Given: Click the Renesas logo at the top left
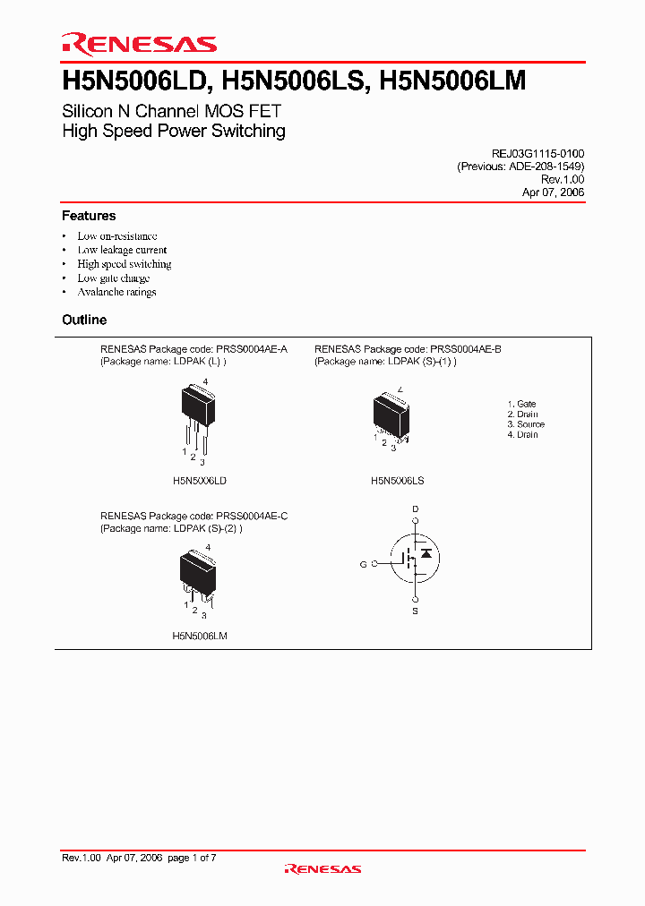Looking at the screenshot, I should pos(139,44).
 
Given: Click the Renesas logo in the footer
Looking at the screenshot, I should pos(322,868).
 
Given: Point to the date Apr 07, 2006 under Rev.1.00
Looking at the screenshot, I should pos(554,192).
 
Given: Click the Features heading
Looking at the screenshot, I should pos(89,216).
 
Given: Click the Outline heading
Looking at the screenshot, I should pos(84,320).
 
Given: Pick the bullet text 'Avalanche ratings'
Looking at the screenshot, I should pos(116,292).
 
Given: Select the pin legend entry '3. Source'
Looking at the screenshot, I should pos(526,424).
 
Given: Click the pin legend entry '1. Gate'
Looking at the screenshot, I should pos(521,405).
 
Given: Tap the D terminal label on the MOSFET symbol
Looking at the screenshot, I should pos(415,509).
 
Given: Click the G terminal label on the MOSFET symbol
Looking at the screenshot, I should pos(363,564).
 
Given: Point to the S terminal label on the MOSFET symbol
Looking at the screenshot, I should pos(415,611).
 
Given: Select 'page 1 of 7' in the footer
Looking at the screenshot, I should pos(192,858).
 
